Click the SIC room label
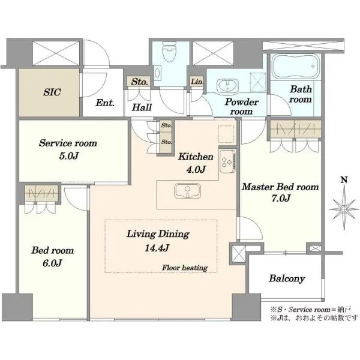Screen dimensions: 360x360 click(52, 92)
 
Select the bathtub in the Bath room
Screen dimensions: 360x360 click(296, 66)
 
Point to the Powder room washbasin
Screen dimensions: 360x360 click(227, 85)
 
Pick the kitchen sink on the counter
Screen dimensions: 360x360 click(187, 191)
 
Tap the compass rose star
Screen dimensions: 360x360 click(344, 209)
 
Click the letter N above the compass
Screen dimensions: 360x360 click(344, 180)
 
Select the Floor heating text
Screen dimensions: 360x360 click(185, 268)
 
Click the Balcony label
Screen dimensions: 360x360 click(287, 278)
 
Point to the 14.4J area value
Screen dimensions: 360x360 click(157, 248)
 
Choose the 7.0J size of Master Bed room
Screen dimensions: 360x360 click(281, 198)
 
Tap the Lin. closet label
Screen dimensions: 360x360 click(197, 81)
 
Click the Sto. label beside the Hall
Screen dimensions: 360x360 click(139, 82)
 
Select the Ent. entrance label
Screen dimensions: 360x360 click(105, 103)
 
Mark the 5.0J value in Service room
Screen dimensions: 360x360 click(69, 156)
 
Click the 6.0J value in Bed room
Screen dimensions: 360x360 click(52, 263)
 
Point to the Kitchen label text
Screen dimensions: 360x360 click(196, 157)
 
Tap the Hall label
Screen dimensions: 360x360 click(142, 107)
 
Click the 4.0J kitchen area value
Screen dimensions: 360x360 click(196, 169)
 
